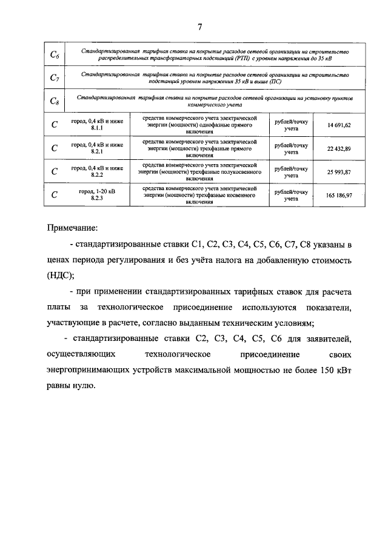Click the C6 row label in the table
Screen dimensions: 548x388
(54, 56)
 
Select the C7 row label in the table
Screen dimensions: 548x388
(54, 78)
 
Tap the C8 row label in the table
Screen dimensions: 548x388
(54, 101)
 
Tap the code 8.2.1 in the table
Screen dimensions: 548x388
(97, 152)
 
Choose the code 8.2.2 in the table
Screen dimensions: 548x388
(97, 176)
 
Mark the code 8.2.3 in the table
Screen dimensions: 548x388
(97, 199)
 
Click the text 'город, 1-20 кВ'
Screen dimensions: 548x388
(97, 191)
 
